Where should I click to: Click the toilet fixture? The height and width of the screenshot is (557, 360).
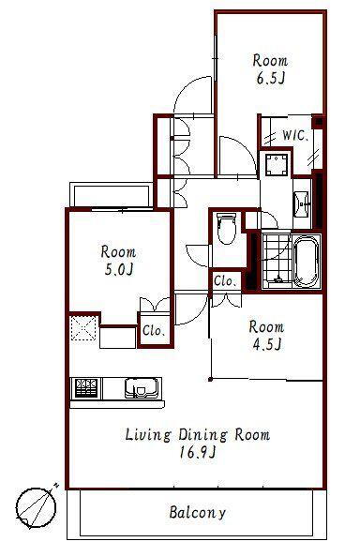point(226,228)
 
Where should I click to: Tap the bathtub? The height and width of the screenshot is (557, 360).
point(306,263)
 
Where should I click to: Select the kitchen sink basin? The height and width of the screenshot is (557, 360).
point(142,387)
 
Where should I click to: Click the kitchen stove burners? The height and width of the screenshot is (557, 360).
point(86,388)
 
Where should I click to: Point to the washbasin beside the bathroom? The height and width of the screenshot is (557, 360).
point(302,204)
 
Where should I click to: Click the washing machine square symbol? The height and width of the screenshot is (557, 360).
point(276,164)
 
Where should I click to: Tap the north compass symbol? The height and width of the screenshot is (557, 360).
point(36,507)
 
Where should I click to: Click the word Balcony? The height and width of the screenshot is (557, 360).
point(198,513)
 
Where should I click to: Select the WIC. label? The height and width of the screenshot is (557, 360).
point(294,135)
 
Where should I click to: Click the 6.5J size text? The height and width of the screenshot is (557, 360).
point(271,79)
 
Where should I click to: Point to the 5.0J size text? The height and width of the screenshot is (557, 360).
point(118,270)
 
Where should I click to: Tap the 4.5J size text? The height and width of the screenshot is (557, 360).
point(266,344)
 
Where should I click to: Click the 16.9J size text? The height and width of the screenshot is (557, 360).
point(198,452)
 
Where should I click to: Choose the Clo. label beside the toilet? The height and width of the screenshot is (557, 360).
point(225,281)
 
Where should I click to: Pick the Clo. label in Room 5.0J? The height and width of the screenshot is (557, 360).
point(154,331)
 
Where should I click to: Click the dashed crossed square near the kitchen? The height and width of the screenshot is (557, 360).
point(83,327)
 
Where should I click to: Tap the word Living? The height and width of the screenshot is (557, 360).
point(148,435)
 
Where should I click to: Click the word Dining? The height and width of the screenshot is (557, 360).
point(202,435)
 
